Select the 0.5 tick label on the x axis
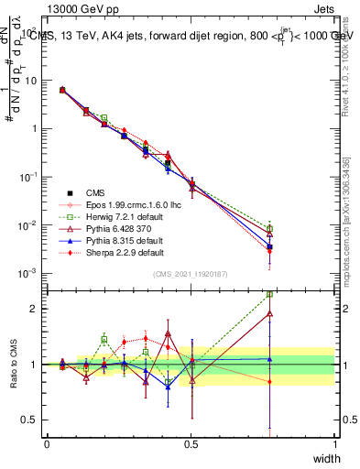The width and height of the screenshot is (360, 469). [191, 444]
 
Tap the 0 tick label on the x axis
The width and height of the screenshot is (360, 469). [47, 444]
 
